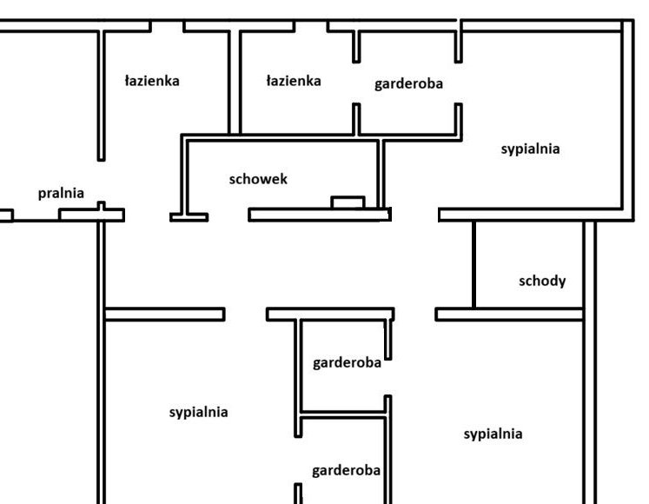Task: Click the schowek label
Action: point(258,179)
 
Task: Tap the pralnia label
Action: point(61,193)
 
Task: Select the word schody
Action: point(542,281)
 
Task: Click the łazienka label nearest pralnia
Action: point(151,81)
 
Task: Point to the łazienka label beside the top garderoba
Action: point(293,81)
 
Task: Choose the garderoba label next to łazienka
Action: point(408,84)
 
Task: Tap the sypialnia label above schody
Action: point(530,149)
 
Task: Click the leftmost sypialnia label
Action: point(198,412)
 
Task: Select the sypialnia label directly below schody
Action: point(493,434)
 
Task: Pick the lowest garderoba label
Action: point(346,471)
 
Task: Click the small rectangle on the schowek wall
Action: point(348,203)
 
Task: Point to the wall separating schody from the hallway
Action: point(474,264)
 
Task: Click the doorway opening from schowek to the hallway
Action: point(228,214)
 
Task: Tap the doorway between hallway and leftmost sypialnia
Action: point(245,313)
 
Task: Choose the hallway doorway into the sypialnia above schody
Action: point(414,214)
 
